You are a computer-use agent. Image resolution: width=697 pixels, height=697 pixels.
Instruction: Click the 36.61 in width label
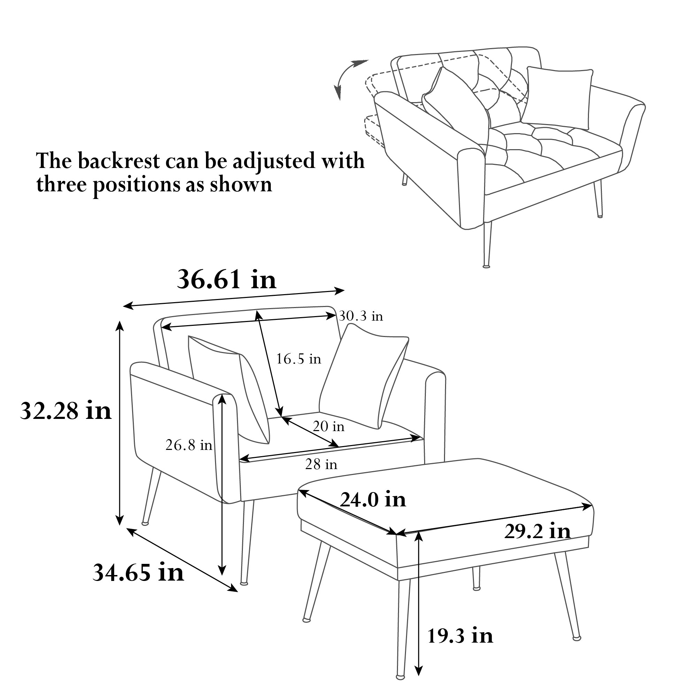(227, 279)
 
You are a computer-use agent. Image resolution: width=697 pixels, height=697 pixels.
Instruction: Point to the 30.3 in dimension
(361, 316)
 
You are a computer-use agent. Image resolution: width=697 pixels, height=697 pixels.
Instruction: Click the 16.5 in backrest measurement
(299, 359)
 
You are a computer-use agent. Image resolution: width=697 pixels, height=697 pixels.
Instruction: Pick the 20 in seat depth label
(329, 427)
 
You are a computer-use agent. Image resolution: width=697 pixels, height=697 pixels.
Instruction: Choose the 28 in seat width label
(321, 464)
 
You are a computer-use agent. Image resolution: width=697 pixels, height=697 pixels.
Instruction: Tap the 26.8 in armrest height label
(189, 445)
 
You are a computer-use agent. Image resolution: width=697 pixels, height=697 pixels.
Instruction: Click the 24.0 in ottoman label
(373, 500)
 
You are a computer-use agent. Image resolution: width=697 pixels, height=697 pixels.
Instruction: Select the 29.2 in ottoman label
(537, 531)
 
